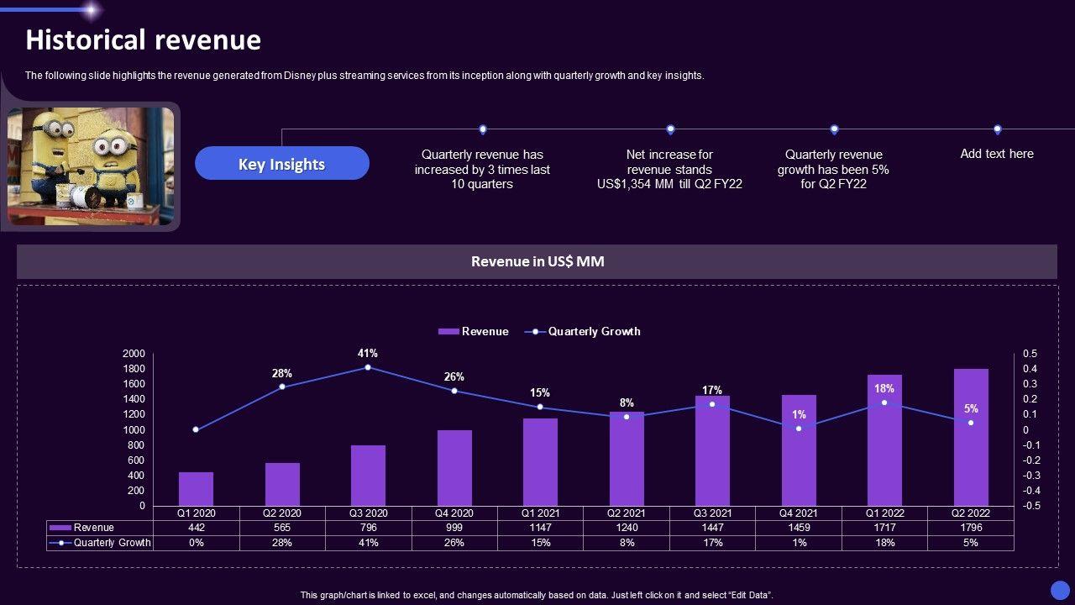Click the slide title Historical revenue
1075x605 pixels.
point(143,39)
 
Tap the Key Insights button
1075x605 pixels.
point(281,164)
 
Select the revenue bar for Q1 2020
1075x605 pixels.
point(196,489)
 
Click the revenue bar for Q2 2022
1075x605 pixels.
point(971,437)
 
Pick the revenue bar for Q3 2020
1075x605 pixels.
point(368,476)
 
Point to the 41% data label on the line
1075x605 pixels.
point(367,353)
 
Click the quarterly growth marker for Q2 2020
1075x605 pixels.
point(281,387)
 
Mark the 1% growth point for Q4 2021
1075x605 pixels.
point(799,429)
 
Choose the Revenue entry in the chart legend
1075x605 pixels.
point(474,331)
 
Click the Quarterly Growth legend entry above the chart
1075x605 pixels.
point(583,331)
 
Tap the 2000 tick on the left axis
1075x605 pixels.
point(134,354)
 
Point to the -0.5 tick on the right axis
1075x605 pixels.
point(1030,506)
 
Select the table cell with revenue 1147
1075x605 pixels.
point(540,528)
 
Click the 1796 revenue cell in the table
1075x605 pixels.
point(971,528)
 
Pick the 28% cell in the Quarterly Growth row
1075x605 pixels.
point(281,543)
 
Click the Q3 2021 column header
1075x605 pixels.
point(712,513)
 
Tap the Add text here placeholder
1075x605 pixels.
point(997,154)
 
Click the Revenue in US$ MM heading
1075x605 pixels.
point(537,261)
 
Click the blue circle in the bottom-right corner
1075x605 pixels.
point(1060,590)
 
